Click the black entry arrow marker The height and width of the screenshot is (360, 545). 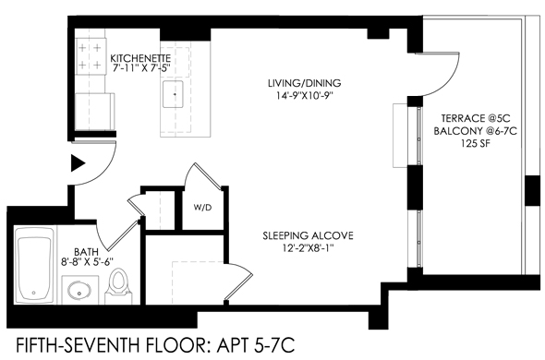click(78, 163)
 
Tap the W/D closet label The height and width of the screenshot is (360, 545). click(202, 208)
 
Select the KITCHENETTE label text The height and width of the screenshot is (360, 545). click(140, 57)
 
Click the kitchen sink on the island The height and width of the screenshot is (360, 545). click(173, 94)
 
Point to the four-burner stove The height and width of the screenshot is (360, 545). click(90, 56)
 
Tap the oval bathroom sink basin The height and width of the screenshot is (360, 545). click(79, 289)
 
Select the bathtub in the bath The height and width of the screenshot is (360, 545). click(33, 266)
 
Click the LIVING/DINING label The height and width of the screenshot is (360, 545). click(305, 83)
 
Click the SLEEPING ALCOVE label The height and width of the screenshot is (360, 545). click(308, 236)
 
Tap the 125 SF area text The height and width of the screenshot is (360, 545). click(476, 143)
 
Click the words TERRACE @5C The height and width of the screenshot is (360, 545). click(476, 118)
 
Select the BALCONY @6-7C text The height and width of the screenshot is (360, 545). click(475, 131)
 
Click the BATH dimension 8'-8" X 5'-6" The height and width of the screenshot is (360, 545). click(87, 261)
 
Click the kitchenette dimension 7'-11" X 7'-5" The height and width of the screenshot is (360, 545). click(141, 67)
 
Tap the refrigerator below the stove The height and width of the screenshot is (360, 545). click(95, 111)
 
